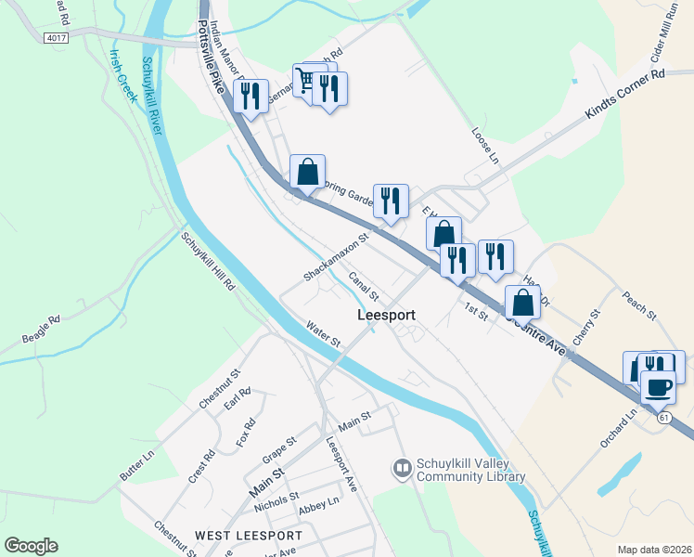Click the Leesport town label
pos(386,316)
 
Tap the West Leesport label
pos(248,536)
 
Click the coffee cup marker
pos(659,386)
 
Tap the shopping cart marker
pos(305,81)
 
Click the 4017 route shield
pos(56,38)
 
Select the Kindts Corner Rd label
pos(625,96)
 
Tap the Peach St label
pos(639,302)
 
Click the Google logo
pos(31,546)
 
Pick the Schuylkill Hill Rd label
pos(208,262)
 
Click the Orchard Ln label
pos(620,430)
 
